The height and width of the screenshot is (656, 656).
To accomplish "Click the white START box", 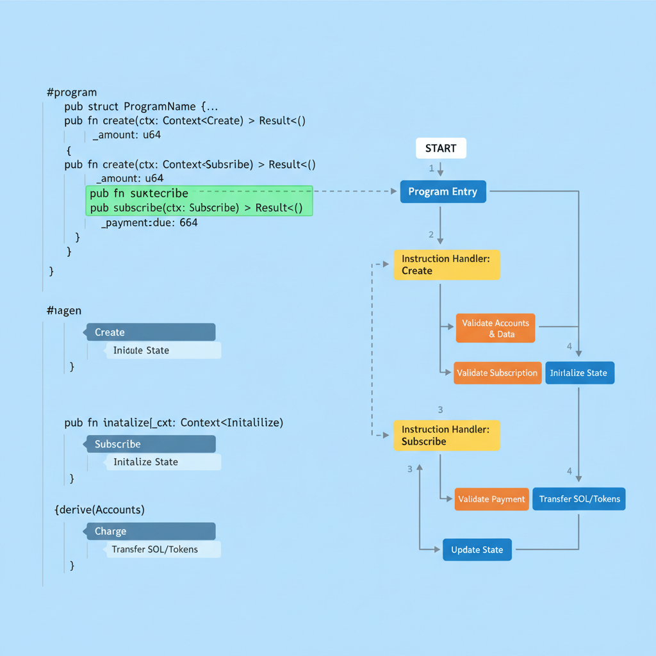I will point(441,149).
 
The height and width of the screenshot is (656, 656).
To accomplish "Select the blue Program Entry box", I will point(443,192).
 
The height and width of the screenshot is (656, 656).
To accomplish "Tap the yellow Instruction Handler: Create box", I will point(447,265).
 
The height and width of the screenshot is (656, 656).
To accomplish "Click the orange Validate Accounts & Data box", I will point(495,329).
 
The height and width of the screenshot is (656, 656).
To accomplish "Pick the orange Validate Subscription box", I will point(497,373).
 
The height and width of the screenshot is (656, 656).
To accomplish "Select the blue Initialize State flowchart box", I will point(579,373).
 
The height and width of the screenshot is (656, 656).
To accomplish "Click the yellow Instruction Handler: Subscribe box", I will point(447,436).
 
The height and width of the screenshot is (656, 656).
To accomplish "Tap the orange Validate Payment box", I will point(491,499).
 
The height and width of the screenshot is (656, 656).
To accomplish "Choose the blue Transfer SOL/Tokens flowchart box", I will point(579,499).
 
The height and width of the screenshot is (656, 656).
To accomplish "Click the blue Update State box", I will point(477,550).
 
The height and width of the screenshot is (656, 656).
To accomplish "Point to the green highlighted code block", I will point(199,201).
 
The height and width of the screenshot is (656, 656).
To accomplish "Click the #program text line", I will point(72,92).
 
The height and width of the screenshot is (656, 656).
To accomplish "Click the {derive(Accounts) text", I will point(99,510).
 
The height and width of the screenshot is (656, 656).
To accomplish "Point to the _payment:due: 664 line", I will point(149,223).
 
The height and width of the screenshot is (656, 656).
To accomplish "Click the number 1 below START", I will point(431,168).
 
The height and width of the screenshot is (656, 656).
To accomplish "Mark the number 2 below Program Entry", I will point(431,234).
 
